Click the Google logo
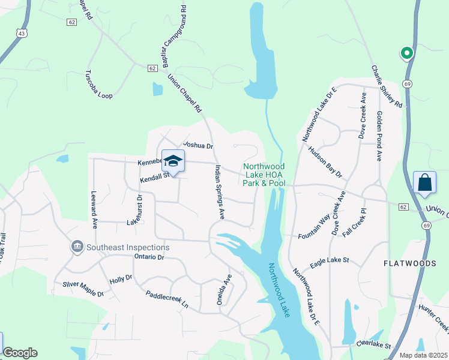pyautogui.click(x=20, y=353)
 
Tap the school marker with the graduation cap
pyautogui.click(x=173, y=161)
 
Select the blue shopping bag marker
pyautogui.click(x=424, y=183)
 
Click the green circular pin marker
pyautogui.click(x=407, y=53)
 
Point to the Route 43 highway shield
pyautogui.click(x=22, y=33)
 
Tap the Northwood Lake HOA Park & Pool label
pyautogui.click(x=264, y=175)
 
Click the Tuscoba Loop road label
pyautogui.click(x=98, y=83)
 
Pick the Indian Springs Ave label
pyautogui.click(x=220, y=191)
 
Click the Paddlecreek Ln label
pyautogui.click(x=167, y=299)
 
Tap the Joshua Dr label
pyautogui.click(x=199, y=145)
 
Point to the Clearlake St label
pyautogui.click(x=373, y=346)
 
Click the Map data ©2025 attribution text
pyautogui.click(x=423, y=355)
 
